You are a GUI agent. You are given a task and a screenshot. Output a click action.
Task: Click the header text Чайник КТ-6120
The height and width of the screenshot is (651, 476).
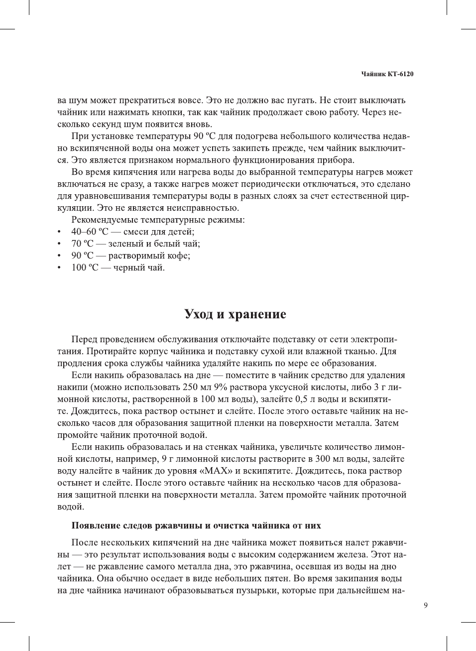click(387, 74)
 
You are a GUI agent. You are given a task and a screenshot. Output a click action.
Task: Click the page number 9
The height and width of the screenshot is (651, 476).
click(425, 606)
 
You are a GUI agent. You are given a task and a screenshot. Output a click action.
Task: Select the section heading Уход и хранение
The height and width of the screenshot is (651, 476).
click(235, 314)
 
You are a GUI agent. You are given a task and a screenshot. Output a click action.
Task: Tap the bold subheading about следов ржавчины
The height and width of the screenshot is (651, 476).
click(196, 525)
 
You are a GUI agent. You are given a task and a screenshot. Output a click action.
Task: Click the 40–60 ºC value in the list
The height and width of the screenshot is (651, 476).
click(90, 232)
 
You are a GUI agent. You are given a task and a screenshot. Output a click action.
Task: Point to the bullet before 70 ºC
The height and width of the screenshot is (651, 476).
click(60, 244)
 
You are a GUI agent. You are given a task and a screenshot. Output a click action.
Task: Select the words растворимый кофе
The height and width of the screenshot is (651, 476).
click(149, 256)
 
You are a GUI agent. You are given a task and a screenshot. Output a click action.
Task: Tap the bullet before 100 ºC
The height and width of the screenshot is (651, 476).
click(60, 268)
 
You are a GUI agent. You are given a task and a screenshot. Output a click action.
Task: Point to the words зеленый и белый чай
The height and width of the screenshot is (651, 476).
click(154, 244)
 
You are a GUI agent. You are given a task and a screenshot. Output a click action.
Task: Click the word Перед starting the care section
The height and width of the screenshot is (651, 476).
click(84, 339)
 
